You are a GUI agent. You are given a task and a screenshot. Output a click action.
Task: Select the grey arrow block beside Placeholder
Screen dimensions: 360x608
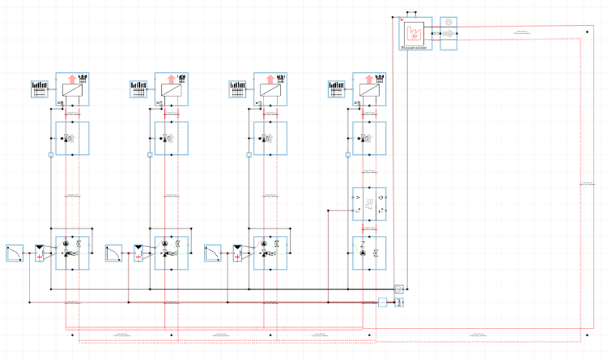coord(448,33)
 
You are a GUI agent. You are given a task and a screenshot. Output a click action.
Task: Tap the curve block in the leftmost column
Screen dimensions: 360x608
coord(15,253)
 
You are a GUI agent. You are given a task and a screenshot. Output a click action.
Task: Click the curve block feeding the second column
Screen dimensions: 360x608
coord(114,253)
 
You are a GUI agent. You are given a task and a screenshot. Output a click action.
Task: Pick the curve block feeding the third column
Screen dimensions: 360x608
coord(213,253)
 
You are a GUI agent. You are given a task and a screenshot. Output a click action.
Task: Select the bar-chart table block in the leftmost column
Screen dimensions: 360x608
coord(39,89)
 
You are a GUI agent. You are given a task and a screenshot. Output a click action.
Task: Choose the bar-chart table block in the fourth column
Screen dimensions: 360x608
coord(336,89)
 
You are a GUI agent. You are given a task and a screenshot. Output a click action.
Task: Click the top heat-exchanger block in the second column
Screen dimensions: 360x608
coord(172,89)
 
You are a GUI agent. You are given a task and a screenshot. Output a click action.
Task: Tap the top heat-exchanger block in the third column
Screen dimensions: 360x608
coord(270,89)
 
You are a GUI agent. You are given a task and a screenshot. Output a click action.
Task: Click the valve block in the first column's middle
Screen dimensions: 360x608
coord(72,139)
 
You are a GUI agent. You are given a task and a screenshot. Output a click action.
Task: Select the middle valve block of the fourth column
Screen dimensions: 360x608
coord(369,139)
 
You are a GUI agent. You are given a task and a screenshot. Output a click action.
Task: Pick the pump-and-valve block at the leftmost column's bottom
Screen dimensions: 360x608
coord(72,253)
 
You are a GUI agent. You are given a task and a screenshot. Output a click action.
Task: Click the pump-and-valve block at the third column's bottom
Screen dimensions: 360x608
coord(270,253)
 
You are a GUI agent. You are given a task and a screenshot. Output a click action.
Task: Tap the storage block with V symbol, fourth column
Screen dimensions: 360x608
coord(369,204)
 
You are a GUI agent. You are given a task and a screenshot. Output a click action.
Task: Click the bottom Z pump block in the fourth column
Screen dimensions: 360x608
coord(369,253)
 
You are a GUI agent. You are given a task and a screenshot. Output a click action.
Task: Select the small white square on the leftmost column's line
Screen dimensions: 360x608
coord(51,155)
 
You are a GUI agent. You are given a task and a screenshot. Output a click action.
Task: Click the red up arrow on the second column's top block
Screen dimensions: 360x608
coord(170,79)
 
